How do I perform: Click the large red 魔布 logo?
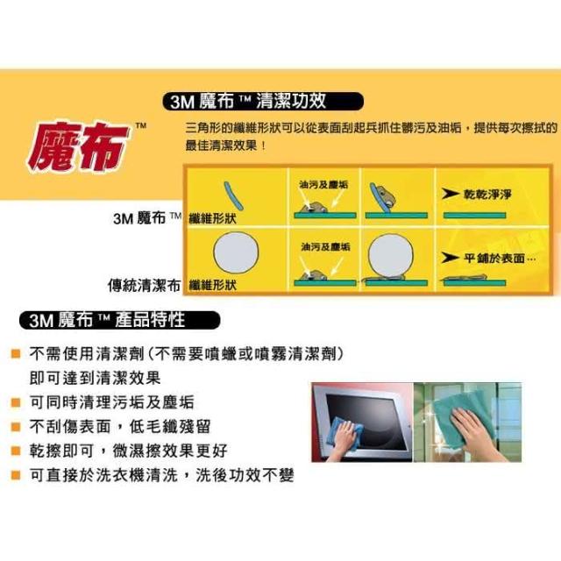point(78,147)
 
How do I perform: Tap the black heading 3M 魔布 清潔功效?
point(263,102)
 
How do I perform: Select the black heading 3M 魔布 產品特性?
point(119,320)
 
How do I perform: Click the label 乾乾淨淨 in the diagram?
point(487,195)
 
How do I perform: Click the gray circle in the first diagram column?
point(236,252)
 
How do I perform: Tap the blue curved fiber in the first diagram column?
point(234,195)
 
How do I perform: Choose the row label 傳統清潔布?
point(144,285)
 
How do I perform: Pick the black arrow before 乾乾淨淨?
point(450,194)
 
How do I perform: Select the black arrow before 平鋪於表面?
point(450,257)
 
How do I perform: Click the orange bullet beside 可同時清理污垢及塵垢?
point(16,402)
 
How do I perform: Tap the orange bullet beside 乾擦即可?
point(16,451)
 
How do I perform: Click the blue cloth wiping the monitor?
point(342,434)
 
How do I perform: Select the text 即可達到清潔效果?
point(96,378)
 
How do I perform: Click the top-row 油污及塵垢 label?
point(323,185)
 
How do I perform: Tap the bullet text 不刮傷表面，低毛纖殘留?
point(120,427)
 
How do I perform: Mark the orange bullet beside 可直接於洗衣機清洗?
point(16,475)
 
